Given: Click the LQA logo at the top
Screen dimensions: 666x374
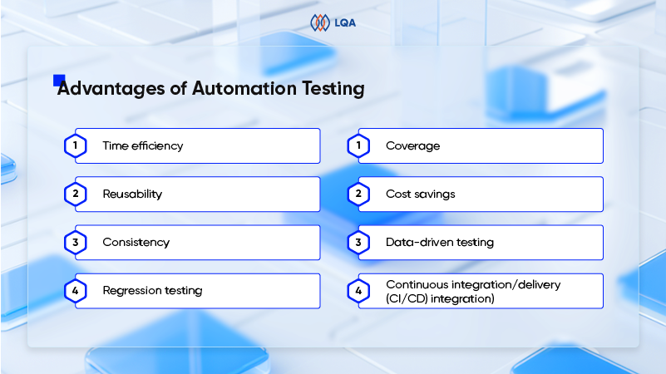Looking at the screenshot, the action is pyautogui.click(x=333, y=22).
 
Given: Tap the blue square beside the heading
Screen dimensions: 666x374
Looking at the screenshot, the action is pyautogui.click(x=59, y=81).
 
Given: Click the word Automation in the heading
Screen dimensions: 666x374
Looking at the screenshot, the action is pyautogui.click(x=244, y=88).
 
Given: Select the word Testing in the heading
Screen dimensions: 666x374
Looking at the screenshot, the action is pyautogui.click(x=333, y=89).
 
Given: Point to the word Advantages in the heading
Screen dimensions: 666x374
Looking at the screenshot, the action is pyautogui.click(x=111, y=89).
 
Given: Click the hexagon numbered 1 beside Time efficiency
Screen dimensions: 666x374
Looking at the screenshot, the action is pyautogui.click(x=76, y=145).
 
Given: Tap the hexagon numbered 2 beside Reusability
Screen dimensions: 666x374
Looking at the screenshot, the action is pyautogui.click(x=76, y=194).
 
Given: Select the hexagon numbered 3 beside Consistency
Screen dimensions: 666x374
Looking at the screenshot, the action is pyautogui.click(x=76, y=243).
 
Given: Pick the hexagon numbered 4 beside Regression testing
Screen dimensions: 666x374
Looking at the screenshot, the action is pyautogui.click(x=76, y=291).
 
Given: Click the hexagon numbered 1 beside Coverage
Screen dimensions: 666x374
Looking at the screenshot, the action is pyautogui.click(x=358, y=145).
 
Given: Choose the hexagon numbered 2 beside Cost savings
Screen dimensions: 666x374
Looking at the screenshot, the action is pyautogui.click(x=358, y=194).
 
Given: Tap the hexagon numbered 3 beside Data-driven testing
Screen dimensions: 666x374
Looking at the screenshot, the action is pyautogui.click(x=358, y=243).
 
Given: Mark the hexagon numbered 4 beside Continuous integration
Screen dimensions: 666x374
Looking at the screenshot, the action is pyautogui.click(x=358, y=291).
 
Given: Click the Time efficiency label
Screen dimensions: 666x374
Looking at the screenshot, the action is pyautogui.click(x=143, y=146).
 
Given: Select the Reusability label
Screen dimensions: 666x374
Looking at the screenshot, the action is pyautogui.click(x=132, y=194).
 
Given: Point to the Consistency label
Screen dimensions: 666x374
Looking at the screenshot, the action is pyautogui.click(x=136, y=243).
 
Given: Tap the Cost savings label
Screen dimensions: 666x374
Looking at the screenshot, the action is pyautogui.click(x=421, y=194).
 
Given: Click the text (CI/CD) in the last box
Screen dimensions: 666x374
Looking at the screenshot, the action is pyautogui.click(x=407, y=299).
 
